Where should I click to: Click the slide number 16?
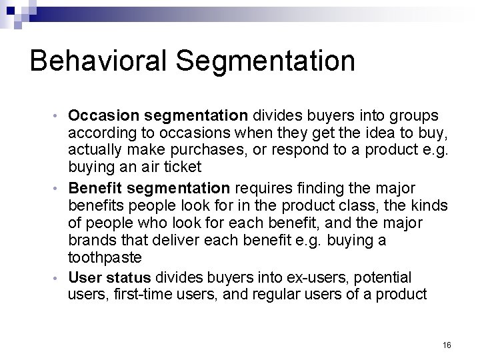click(x=446, y=345)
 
